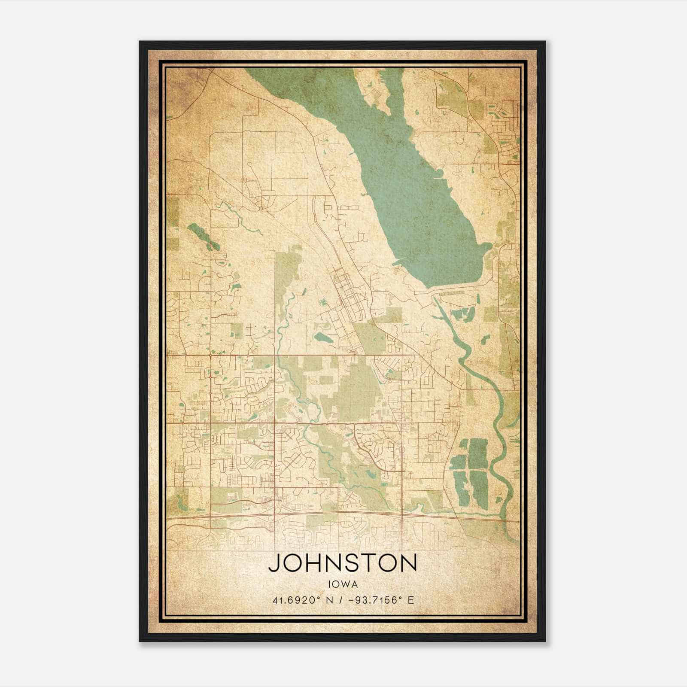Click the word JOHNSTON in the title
[342, 563]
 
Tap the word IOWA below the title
[342, 584]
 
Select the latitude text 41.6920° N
[301, 600]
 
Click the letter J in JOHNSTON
[276, 563]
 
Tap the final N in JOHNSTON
[408, 563]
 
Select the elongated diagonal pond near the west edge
[204, 236]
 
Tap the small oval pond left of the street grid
[322, 338]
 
